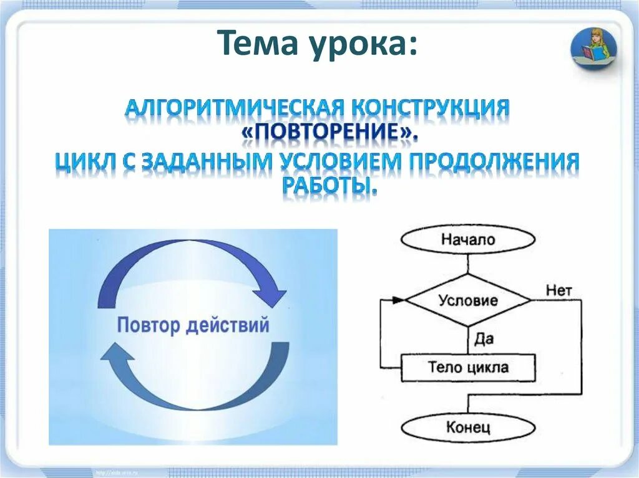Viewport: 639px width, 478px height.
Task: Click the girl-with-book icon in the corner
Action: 593,48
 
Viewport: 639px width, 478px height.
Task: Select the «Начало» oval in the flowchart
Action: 468,240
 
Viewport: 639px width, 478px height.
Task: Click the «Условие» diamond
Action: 468,300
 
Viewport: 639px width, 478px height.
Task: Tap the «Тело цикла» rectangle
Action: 468,367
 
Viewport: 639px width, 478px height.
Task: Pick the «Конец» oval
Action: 468,427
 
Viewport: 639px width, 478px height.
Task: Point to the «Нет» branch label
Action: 558,290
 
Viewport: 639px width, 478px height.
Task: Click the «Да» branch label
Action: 484,339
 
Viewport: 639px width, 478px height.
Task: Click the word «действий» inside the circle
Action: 228,325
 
